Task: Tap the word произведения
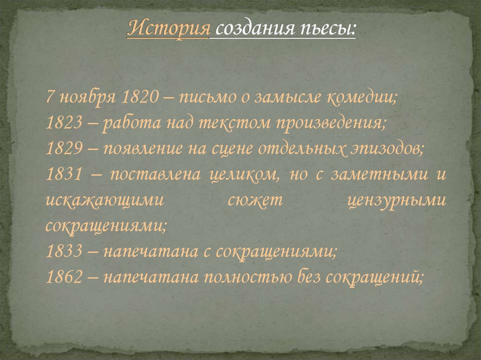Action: click(331, 124)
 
